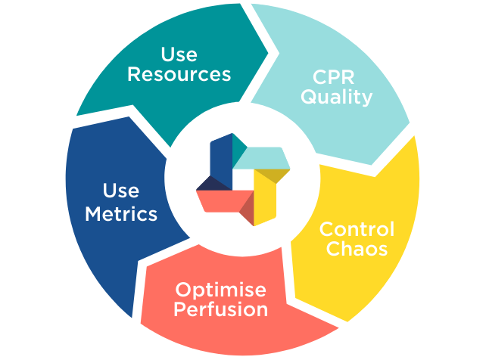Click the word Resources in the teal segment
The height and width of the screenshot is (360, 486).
[x=179, y=74]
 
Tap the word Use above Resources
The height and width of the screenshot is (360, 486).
[x=179, y=54]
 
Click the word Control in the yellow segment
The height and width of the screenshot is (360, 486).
[x=357, y=228]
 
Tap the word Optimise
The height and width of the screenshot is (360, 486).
[x=221, y=290]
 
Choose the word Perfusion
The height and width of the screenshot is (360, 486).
[x=221, y=309]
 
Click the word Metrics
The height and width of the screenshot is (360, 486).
[x=121, y=214]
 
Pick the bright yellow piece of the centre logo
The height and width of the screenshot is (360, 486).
[x=263, y=198]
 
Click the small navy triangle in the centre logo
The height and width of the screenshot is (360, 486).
[x=211, y=183]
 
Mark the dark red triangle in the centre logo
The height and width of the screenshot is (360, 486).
[x=247, y=213]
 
